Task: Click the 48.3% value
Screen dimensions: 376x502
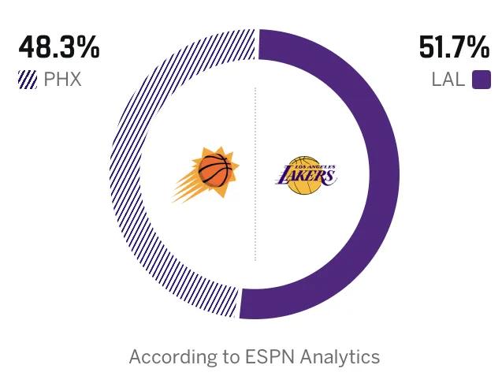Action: click(x=59, y=49)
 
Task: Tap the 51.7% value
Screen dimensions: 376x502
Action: click(x=455, y=49)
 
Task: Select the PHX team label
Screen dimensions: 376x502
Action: click(x=62, y=80)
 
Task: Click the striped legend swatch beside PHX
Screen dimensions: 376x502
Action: click(x=27, y=80)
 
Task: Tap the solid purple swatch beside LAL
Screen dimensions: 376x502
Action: click(x=482, y=80)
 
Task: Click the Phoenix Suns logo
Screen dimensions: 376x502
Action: click(x=206, y=175)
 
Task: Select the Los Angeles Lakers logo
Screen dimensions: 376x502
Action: click(x=307, y=175)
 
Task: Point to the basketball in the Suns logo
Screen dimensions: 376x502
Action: click(x=216, y=169)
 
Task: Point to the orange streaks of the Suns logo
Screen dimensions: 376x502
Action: click(x=187, y=188)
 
